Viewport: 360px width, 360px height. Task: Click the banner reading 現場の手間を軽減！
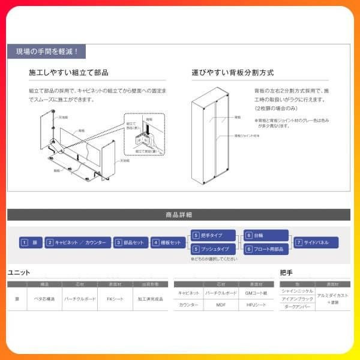coord(47,52)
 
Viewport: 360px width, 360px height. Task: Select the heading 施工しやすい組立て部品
coord(68,73)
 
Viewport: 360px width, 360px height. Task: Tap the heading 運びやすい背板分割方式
coord(233,73)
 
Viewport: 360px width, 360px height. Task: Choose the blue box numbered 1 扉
coord(31,242)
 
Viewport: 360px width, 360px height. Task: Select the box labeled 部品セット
coord(130,242)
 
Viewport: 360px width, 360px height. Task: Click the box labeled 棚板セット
coord(168,242)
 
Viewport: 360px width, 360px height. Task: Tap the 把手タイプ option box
coord(214,236)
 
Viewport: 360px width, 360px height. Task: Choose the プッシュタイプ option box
coord(214,248)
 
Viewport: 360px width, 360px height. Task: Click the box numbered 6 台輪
coord(266,236)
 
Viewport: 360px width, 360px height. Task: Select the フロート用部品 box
coord(266,248)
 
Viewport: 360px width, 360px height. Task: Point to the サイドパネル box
coord(316,242)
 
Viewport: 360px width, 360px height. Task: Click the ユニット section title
coord(19,272)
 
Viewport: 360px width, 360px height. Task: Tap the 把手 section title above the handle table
coord(287,272)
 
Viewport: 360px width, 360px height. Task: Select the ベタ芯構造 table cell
coord(44,298)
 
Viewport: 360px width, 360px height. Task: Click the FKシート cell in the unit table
coord(115,298)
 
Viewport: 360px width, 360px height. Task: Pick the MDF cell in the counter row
coord(221,305)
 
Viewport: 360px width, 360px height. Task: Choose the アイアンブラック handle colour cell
coord(297,298)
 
